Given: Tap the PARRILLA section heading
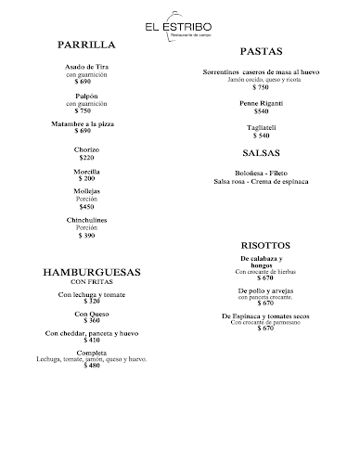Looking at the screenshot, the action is pyautogui.click(x=85, y=44).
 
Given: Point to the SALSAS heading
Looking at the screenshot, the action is pyautogui.click(x=261, y=152).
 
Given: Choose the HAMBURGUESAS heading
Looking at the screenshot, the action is pyautogui.click(x=92, y=273).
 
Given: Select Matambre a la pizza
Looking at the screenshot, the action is pyautogui.click(x=84, y=123).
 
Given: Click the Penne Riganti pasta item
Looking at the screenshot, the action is pyautogui.click(x=261, y=103).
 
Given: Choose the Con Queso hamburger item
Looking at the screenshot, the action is pyautogui.click(x=92, y=314).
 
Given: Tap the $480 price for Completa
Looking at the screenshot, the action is pyautogui.click(x=92, y=365).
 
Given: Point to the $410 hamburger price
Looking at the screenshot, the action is pyautogui.click(x=92, y=340).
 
